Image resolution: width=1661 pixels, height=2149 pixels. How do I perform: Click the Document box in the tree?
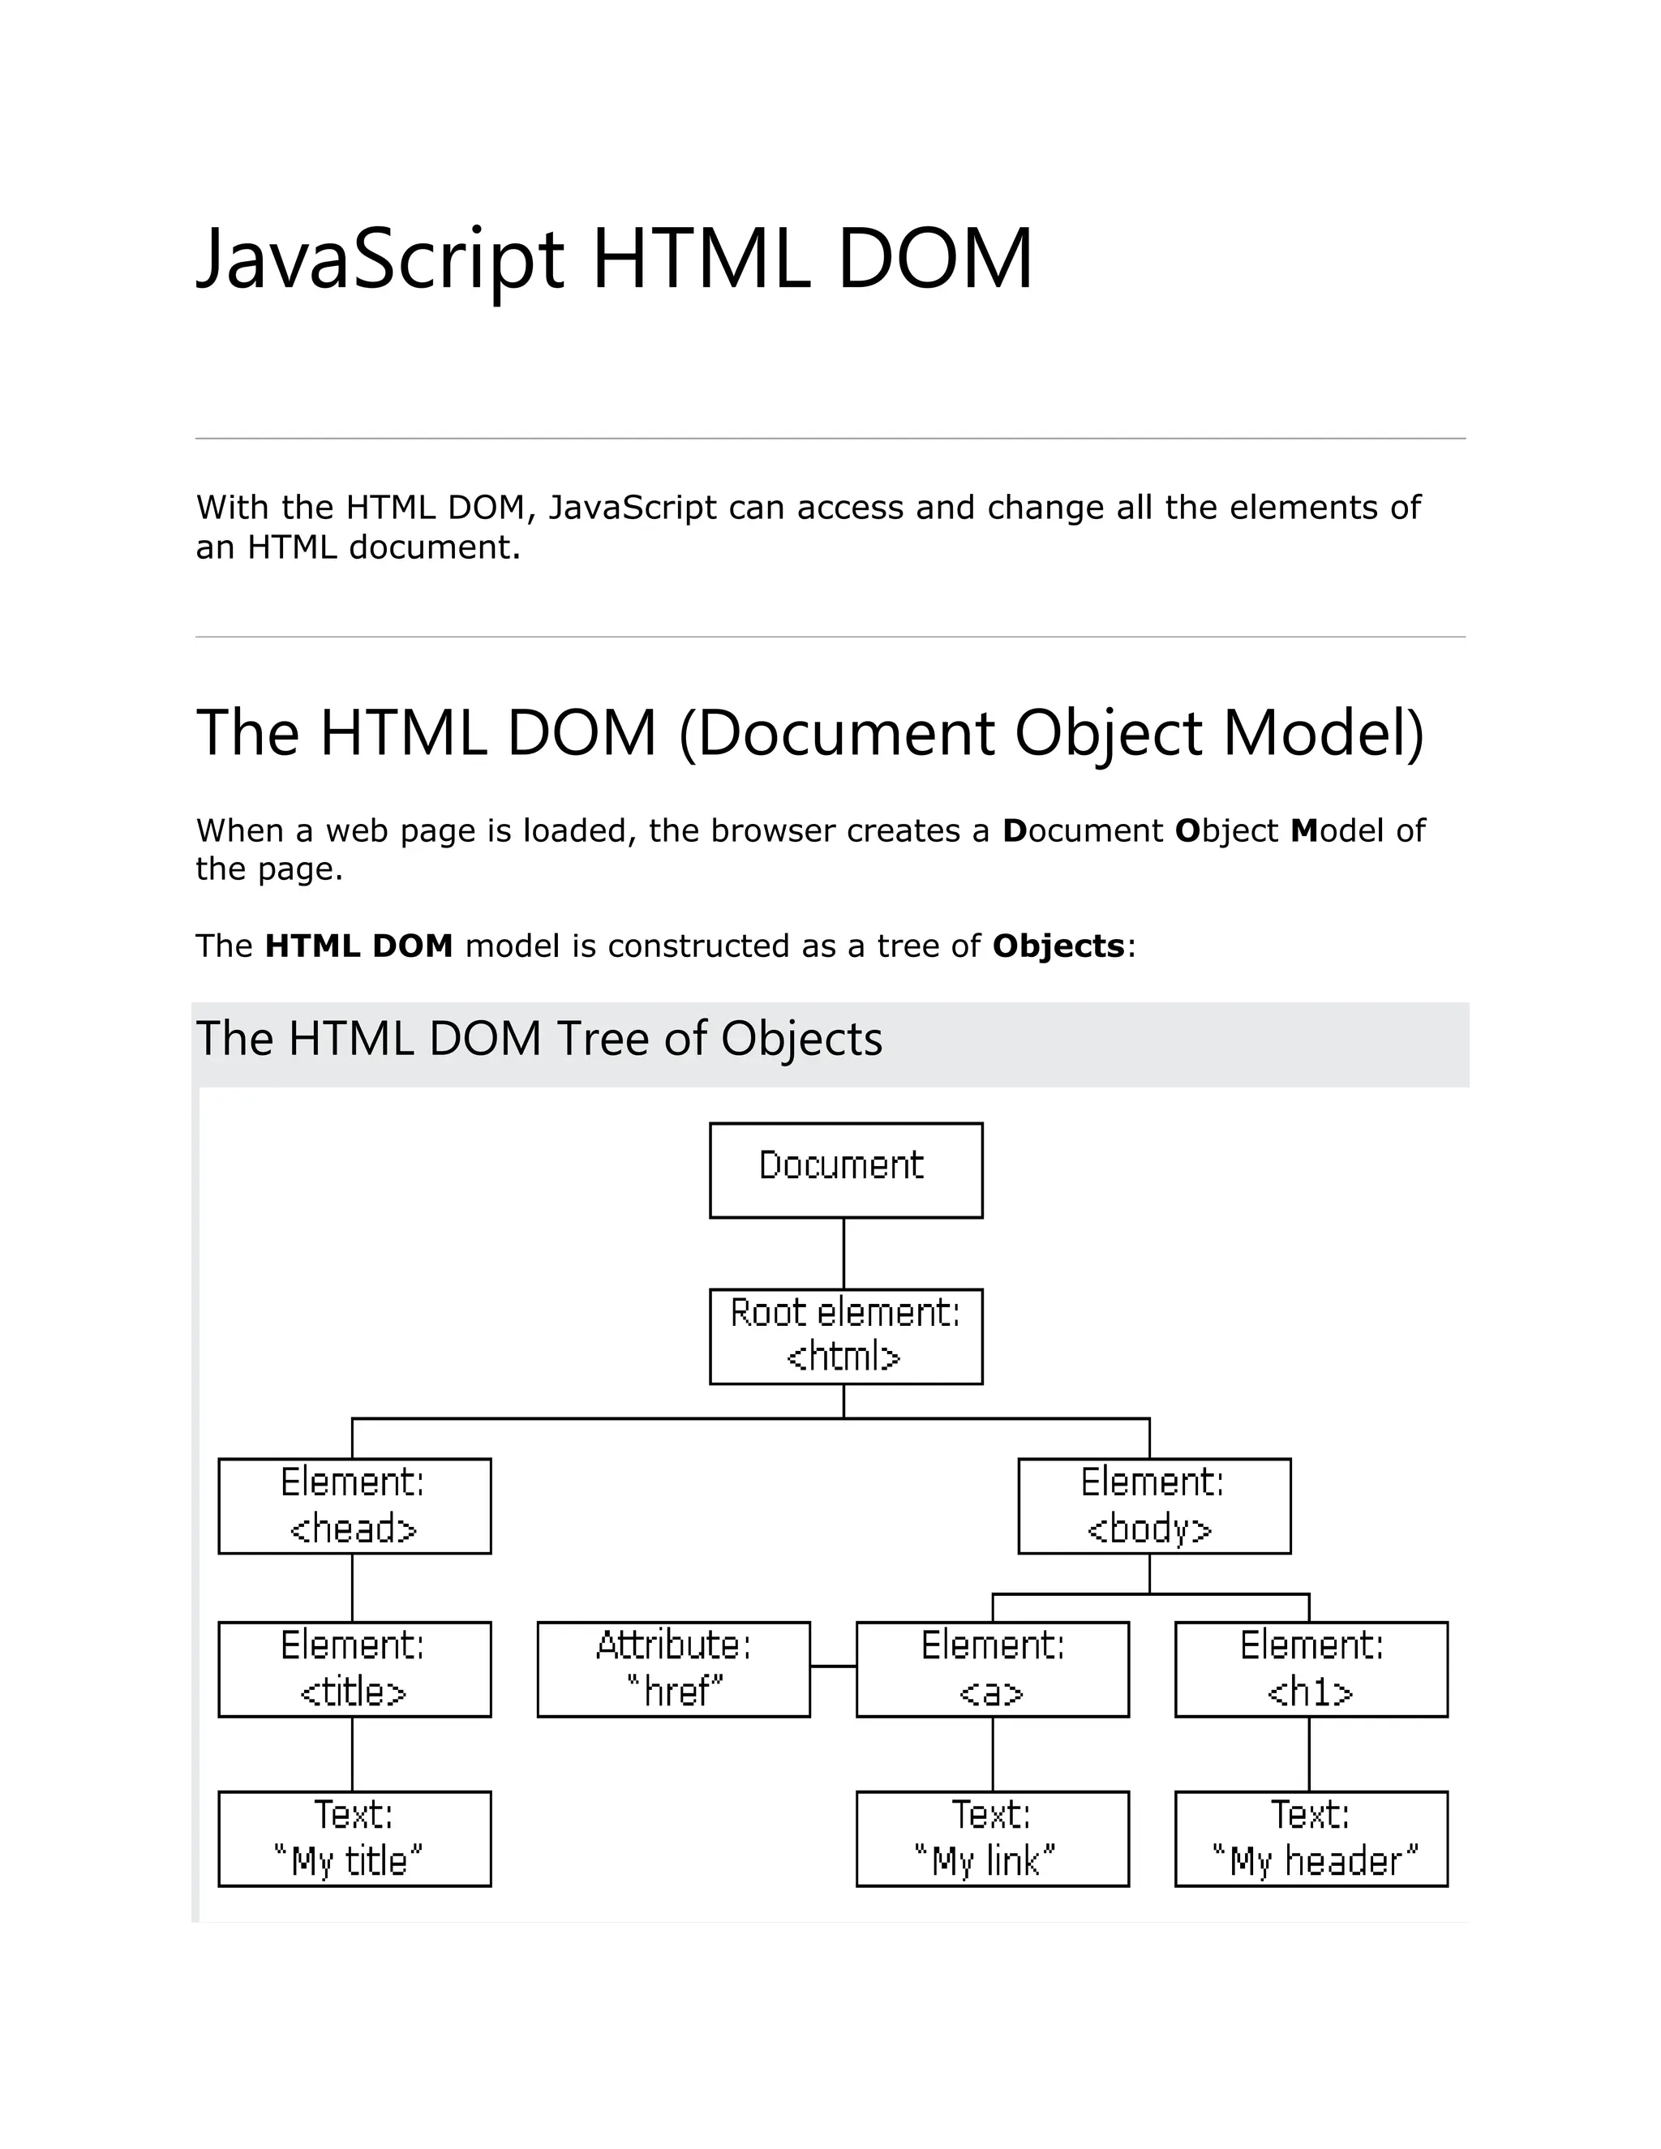tap(845, 1170)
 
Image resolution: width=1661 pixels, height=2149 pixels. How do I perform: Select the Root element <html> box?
tap(845, 1336)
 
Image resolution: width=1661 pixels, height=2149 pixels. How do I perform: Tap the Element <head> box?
tap(354, 1505)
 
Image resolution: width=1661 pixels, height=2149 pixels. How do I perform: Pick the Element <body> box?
tap(1153, 1505)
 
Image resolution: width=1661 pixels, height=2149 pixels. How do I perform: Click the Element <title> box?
tap(354, 1669)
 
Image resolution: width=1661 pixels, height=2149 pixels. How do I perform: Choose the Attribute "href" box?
tap(673, 1669)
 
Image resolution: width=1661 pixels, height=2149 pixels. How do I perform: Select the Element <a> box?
tap(992, 1669)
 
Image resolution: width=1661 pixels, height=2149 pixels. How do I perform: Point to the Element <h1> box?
tap(1311, 1669)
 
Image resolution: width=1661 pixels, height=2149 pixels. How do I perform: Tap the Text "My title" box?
tap(354, 1838)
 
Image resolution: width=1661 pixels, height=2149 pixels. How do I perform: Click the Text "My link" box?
tap(992, 1838)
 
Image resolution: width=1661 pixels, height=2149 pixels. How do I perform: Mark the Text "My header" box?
tap(1311, 1838)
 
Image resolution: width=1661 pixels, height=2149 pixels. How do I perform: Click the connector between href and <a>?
tap(832, 1666)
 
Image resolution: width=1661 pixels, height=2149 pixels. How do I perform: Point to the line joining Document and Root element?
tap(843, 1253)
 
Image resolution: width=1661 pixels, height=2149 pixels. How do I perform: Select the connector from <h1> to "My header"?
tap(1309, 1753)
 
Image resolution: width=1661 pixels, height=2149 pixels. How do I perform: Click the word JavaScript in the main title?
tap(380, 259)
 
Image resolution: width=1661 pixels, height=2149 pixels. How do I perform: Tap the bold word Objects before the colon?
tap(1058, 946)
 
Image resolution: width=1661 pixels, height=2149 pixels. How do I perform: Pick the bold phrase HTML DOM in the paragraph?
tap(358, 946)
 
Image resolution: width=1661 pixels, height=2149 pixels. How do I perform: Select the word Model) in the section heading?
tap(1324, 733)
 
